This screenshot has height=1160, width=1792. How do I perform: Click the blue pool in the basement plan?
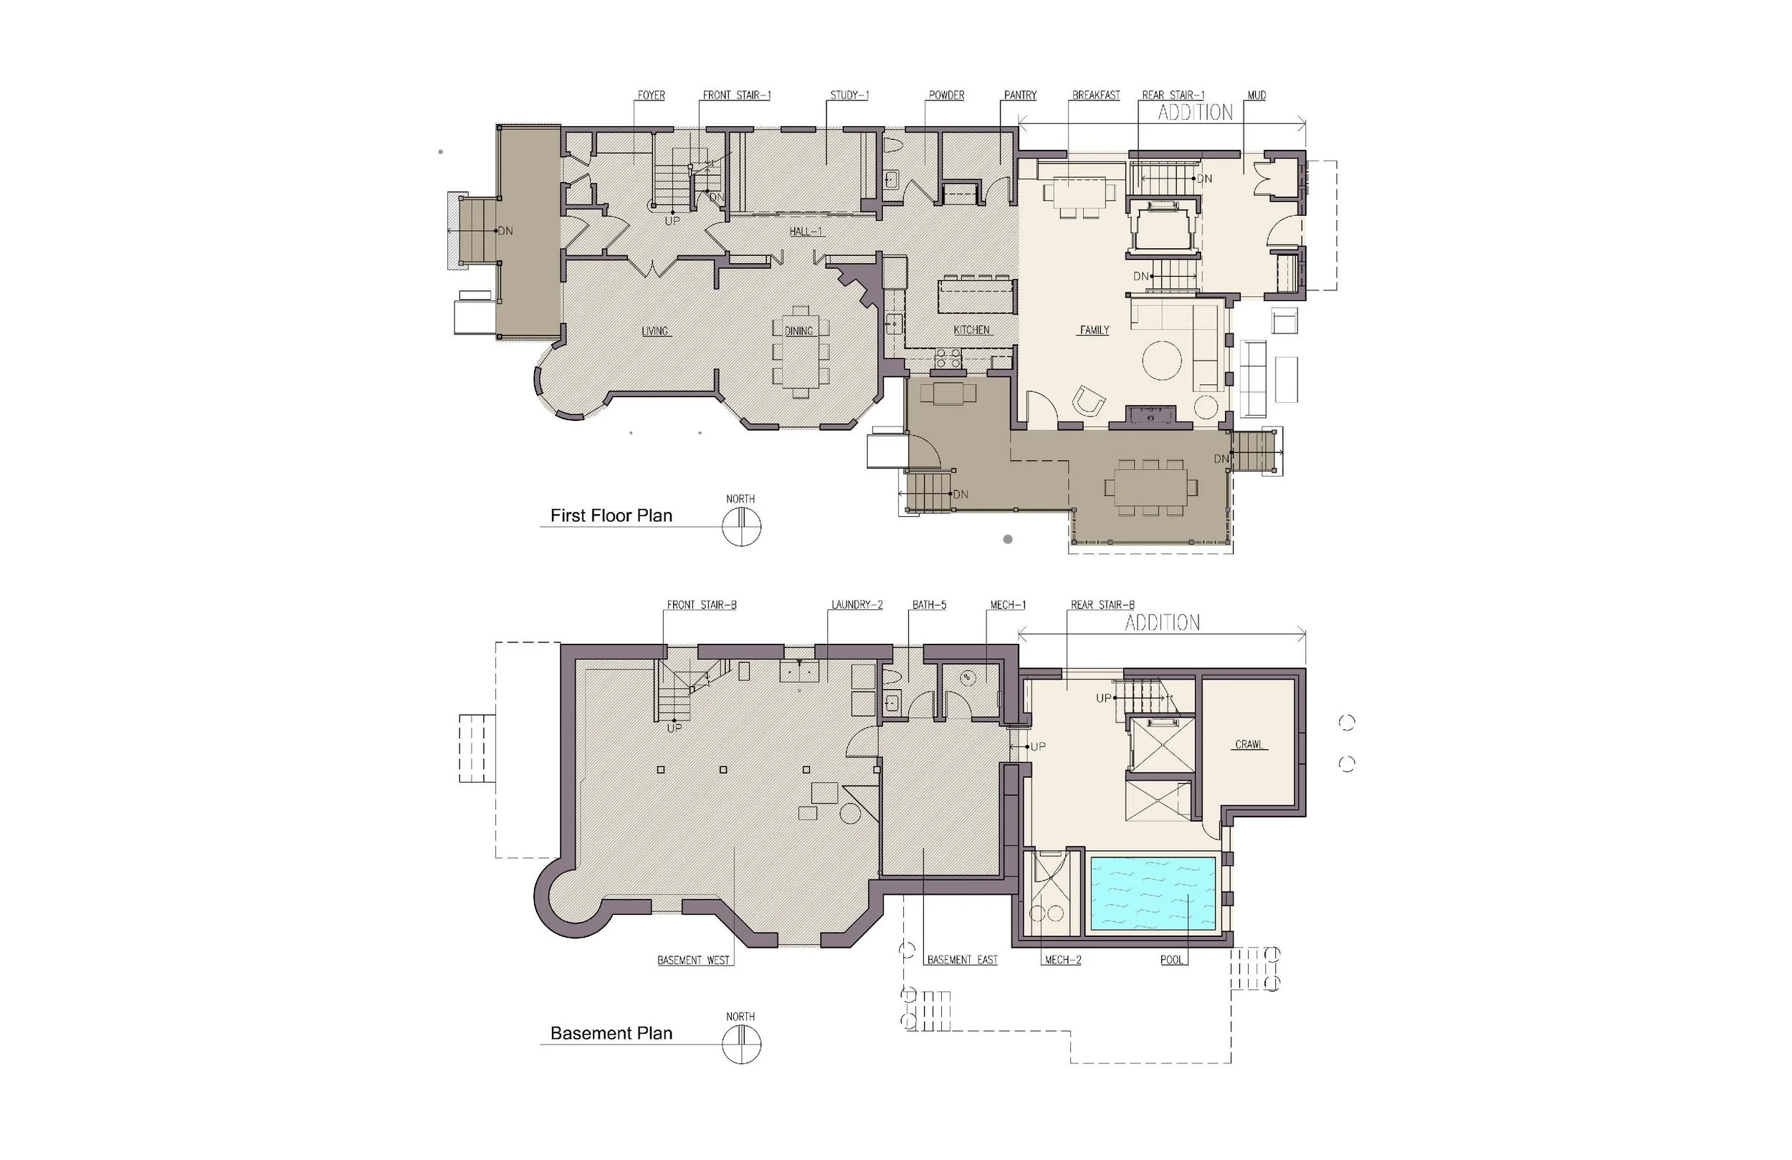point(1153,893)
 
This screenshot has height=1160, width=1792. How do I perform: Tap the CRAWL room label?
point(1249,744)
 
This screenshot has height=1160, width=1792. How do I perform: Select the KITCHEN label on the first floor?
point(971,330)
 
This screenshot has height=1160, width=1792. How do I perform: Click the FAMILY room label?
point(1094,330)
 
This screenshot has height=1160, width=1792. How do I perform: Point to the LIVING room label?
point(654,331)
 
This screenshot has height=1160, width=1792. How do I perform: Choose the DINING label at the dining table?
point(798,331)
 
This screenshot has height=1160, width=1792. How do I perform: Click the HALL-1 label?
point(806,232)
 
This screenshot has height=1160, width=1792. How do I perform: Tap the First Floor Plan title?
point(611,515)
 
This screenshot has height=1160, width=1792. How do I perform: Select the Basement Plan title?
point(611,1032)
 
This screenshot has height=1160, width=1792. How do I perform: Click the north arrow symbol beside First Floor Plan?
point(741,526)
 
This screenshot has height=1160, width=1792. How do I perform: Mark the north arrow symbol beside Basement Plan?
point(741,1044)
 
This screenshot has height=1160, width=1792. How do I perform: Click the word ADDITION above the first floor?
point(1195,113)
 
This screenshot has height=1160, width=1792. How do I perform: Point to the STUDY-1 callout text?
point(849,95)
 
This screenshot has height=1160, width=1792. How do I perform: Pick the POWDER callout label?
point(945,95)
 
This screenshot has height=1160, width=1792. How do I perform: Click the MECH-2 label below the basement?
point(1062,960)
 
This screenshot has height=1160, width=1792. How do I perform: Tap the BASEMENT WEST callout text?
point(692,960)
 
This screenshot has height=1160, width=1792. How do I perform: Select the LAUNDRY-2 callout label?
point(857,605)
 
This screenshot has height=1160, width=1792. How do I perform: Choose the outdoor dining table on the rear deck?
point(1150,488)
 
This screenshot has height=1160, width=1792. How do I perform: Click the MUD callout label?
point(1257,95)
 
